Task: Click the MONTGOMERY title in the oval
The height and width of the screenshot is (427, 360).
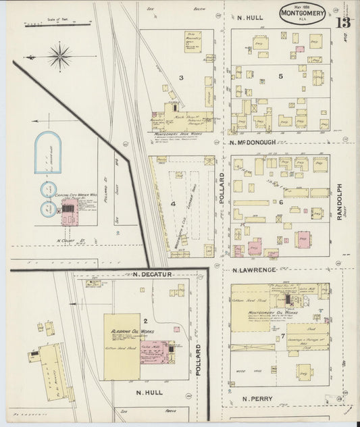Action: pyautogui.click(x=302, y=11)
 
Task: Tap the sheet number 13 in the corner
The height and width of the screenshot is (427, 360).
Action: pyautogui.click(x=343, y=22)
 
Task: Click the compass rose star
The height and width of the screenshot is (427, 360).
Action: pyautogui.click(x=60, y=55)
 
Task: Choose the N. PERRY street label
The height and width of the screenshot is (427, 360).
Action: pyautogui.click(x=254, y=399)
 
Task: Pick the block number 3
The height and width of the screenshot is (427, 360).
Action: pyautogui.click(x=181, y=78)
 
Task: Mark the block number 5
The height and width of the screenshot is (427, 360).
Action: pyautogui.click(x=280, y=76)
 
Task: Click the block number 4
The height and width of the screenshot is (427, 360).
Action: pyautogui.click(x=173, y=203)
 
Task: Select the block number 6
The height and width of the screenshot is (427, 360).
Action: pyautogui.click(x=280, y=202)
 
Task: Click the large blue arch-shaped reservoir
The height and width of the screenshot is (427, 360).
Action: pyautogui.click(x=48, y=151)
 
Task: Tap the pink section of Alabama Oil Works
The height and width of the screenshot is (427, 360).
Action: pyautogui.click(x=155, y=352)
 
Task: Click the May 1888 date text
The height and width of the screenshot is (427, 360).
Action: pyautogui.click(x=301, y=4)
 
